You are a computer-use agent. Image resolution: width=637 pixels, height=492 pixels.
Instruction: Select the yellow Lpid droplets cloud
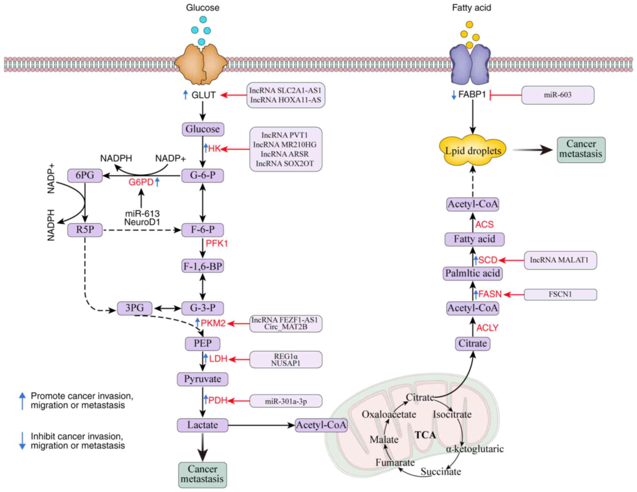click(473, 151)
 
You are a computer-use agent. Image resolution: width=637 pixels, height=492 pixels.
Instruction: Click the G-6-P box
click(203, 175)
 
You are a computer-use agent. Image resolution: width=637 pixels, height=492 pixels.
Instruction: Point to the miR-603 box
click(557, 95)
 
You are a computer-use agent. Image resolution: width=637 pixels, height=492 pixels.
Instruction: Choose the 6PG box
click(85, 175)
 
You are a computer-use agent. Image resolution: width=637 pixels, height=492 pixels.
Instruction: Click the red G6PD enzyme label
click(141, 182)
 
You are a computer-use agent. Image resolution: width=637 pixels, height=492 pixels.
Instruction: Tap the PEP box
click(203, 343)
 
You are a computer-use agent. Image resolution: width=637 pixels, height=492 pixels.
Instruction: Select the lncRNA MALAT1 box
click(560, 260)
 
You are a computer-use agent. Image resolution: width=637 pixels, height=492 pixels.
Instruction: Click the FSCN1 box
click(560, 294)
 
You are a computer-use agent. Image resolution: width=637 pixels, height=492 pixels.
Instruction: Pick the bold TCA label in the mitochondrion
click(425, 435)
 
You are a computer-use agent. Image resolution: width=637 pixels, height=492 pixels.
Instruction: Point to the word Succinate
click(440, 471)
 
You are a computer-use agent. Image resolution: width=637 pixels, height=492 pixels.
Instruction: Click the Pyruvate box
click(203, 379)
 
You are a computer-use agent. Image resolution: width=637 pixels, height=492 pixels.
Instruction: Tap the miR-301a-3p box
click(286, 401)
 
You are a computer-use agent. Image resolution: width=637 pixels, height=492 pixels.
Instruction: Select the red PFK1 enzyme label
click(217, 243)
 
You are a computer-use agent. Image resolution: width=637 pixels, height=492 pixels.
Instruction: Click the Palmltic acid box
click(472, 273)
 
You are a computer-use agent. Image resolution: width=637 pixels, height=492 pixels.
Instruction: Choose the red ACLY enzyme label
click(487, 328)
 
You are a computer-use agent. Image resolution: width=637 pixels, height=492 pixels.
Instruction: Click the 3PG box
click(134, 308)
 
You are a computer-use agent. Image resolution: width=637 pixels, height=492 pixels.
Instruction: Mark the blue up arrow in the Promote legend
click(22, 400)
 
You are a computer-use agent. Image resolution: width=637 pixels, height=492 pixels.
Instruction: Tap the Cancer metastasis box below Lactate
click(203, 474)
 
